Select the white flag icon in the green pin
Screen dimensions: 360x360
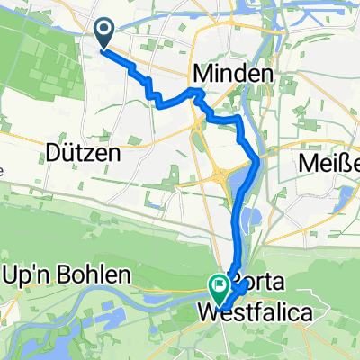click(219, 286)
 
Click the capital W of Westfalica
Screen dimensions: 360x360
click(207, 315)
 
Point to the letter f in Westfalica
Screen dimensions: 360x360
click(257, 315)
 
